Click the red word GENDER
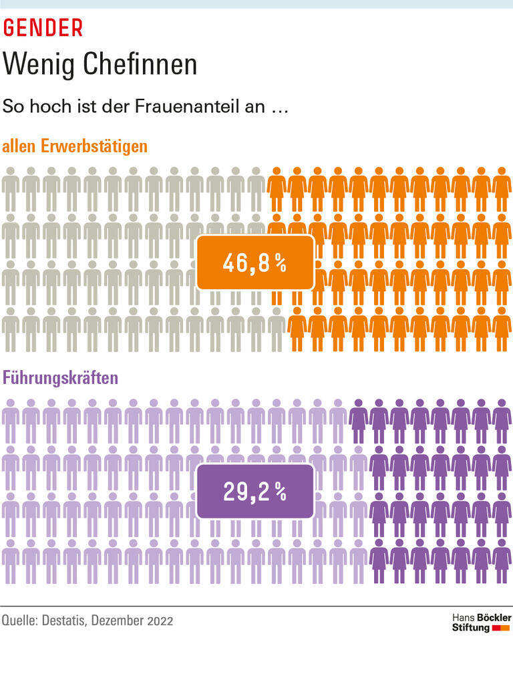[x=43, y=27]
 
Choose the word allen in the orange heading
[x=21, y=146]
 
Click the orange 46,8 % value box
[x=254, y=263]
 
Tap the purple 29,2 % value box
[x=254, y=492]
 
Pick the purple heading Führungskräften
[x=61, y=377]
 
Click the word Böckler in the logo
[x=494, y=618]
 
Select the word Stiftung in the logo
[x=471, y=629]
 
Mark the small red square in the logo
[x=496, y=629]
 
